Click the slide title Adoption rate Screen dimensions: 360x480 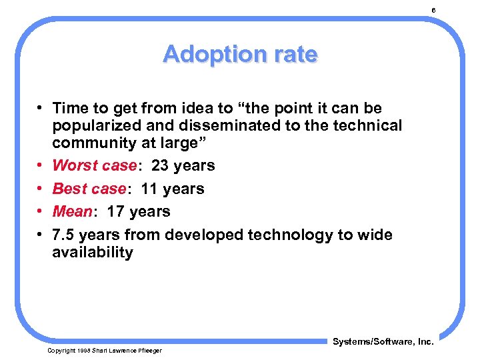coord(240,54)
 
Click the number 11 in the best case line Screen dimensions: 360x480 coord(150,189)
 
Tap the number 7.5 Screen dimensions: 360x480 coord(63,235)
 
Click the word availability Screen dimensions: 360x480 coord(93,252)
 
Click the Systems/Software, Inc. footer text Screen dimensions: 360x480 coord(383,341)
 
